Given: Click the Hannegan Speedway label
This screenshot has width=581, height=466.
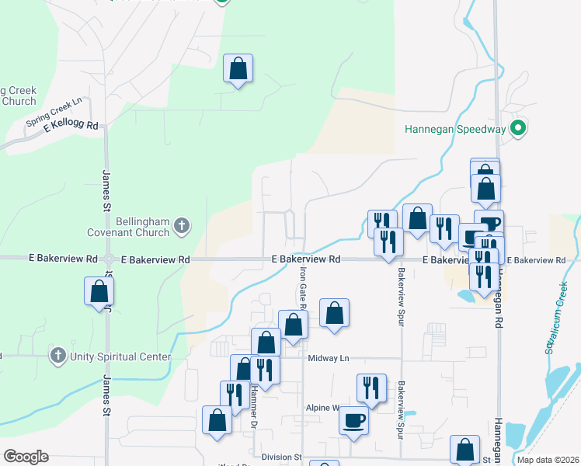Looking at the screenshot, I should [x=454, y=129].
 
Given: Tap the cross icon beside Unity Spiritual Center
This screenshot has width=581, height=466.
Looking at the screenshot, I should [x=57, y=356].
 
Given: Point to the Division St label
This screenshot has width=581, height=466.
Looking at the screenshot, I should [x=281, y=457].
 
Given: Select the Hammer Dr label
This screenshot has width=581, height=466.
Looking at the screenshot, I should [x=253, y=408].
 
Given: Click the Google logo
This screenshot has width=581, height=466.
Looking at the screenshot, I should [x=26, y=457].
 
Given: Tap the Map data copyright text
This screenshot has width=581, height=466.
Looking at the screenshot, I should [x=549, y=459].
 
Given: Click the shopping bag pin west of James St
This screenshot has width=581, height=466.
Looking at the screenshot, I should [x=99, y=291].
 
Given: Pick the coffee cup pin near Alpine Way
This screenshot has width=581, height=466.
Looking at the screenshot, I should [x=354, y=420].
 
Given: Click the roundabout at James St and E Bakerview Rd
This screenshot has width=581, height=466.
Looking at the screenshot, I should [x=108, y=259].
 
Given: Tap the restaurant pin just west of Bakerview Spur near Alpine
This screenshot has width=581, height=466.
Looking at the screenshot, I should [x=371, y=388].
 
